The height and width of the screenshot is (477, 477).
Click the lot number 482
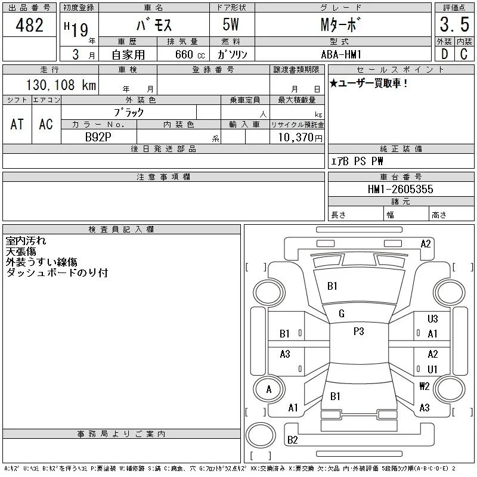tap(29, 25)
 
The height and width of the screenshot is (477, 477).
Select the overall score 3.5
tap(454, 24)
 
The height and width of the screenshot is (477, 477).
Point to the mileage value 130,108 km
tap(61, 85)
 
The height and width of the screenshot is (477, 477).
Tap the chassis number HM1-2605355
tap(400, 189)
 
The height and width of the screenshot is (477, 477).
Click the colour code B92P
tap(98, 137)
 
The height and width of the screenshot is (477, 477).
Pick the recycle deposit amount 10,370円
tap(301, 138)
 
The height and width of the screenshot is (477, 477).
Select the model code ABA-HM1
tap(341, 54)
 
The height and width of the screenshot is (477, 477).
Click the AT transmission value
tap(17, 124)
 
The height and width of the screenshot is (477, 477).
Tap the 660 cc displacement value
tap(190, 54)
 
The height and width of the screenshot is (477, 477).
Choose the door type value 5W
tap(231, 24)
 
